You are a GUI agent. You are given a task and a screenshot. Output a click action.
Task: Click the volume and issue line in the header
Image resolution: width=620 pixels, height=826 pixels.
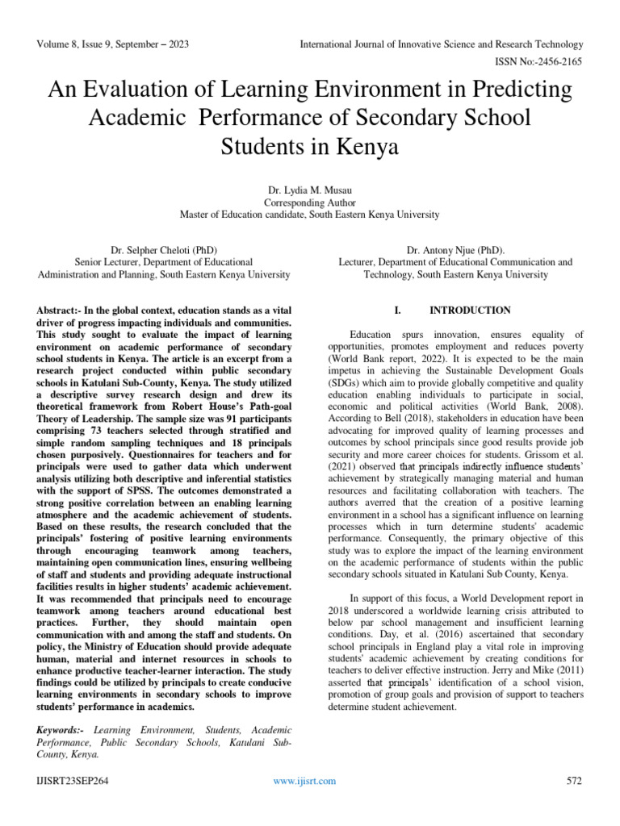coord(113,44)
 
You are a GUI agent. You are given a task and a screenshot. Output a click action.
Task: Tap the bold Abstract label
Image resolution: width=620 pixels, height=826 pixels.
coord(61,311)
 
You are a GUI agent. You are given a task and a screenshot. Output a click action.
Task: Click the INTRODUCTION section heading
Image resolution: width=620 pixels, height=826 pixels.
coord(470,311)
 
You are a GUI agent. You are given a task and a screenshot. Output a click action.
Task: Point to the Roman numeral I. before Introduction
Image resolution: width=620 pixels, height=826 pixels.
coord(396,311)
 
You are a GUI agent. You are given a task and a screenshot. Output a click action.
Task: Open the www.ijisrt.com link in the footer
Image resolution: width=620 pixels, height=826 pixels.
coord(304,781)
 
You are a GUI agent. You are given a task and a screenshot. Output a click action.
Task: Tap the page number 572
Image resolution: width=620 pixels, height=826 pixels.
coord(575,781)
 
